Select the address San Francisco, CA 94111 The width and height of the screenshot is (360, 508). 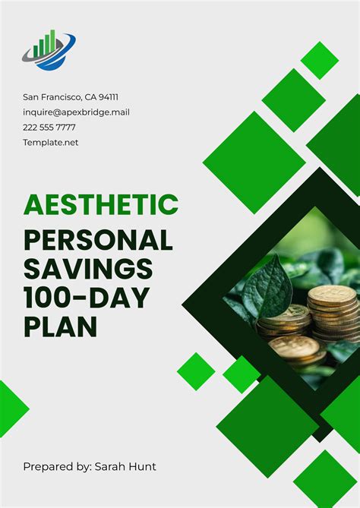click(x=71, y=97)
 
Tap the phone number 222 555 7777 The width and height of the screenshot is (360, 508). click(x=49, y=128)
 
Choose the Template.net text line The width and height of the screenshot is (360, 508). click(x=51, y=142)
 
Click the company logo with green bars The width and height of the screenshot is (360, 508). click(x=49, y=50)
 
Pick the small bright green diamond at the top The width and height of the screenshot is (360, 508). click(x=319, y=60)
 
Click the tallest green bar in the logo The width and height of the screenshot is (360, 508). click(x=52, y=43)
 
